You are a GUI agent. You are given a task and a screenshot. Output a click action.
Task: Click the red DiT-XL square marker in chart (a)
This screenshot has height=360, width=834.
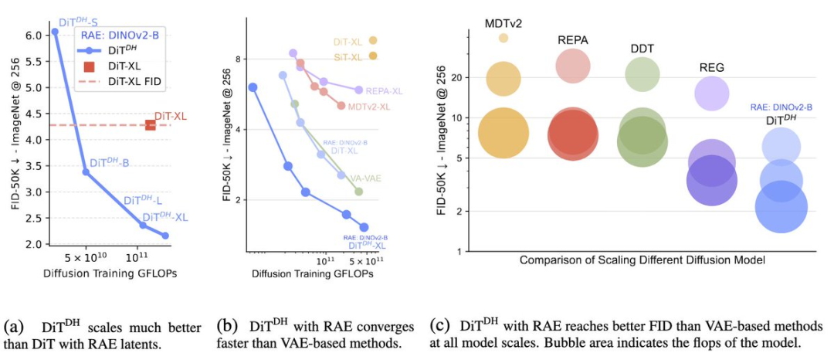pos(151,124)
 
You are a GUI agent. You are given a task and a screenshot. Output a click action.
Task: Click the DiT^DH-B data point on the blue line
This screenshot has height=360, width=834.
pos(86,172)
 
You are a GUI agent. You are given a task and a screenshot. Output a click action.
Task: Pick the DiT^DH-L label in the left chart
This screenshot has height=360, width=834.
pos(143,201)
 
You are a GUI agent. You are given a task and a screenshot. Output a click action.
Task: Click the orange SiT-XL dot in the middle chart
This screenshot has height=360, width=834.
pos(373,56)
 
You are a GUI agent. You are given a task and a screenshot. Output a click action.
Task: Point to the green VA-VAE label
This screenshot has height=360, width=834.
pos(368,178)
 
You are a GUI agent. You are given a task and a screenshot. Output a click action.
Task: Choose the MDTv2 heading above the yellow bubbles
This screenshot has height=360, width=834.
pos(503,23)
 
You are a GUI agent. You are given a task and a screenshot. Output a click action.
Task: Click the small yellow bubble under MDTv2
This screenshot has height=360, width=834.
pos(503,37)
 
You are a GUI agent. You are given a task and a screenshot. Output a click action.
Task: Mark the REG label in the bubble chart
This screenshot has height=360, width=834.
pos(711,67)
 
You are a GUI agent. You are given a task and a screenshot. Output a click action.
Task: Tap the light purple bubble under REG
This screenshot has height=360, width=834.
pos(711,93)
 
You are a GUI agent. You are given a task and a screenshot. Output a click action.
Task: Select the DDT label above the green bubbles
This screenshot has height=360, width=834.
pos(642,48)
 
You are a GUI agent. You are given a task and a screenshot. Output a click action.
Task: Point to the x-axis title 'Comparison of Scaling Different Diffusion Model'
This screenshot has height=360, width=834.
pos(642,260)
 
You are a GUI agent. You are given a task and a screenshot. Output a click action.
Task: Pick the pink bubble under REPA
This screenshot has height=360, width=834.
pos(573,66)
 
